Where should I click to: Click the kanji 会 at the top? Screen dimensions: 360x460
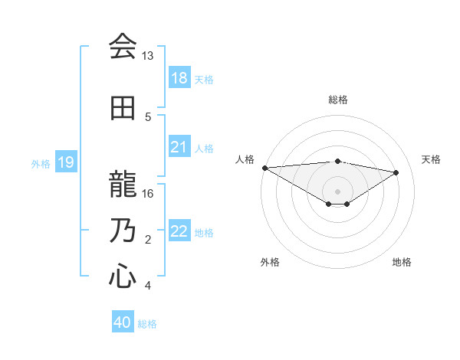(123, 47)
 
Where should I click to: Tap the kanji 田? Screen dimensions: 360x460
(123, 108)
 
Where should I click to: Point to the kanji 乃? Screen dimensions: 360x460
(123, 231)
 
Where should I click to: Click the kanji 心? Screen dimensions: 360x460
(123, 275)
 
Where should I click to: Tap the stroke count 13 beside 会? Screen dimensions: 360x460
(148, 56)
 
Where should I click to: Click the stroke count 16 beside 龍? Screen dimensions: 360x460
(148, 194)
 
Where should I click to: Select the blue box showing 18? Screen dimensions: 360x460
(179, 77)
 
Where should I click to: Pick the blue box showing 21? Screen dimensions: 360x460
(179, 146)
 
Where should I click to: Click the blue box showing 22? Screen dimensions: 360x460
(179, 231)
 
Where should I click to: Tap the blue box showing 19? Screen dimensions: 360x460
(65, 162)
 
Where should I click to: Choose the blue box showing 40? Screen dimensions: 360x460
(123, 322)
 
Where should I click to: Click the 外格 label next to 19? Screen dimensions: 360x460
(41, 163)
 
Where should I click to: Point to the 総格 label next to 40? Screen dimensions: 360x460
(147, 324)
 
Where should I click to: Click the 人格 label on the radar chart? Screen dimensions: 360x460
(245, 159)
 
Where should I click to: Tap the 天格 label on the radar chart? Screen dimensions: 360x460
(431, 159)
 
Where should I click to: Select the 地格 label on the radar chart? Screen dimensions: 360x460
(402, 262)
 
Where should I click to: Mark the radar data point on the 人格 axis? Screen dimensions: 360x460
(264, 168)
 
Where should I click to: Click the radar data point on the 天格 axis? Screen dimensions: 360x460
(396, 172)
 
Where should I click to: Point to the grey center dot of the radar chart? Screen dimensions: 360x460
(337, 191)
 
